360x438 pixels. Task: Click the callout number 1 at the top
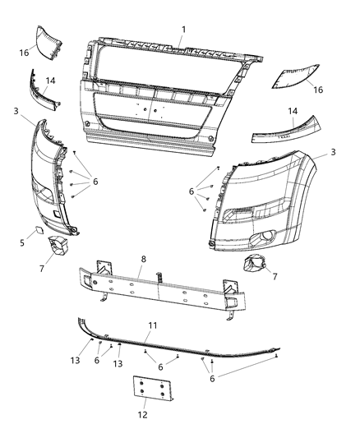tap(184, 30)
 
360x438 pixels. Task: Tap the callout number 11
tap(151, 326)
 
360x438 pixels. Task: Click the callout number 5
tap(23, 242)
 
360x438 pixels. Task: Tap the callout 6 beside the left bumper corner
tap(95, 181)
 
